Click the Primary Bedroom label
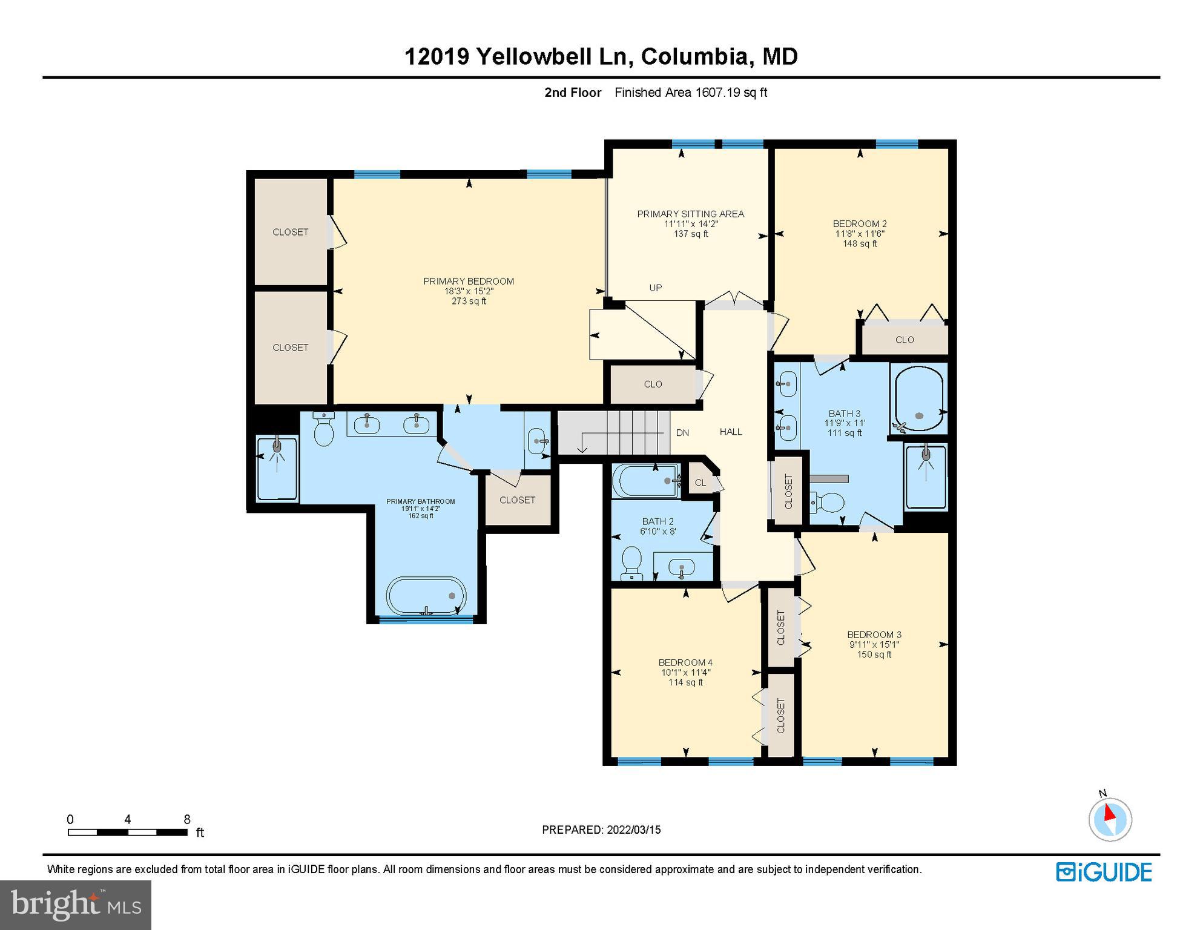[468, 281]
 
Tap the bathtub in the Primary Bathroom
[426, 596]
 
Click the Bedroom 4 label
[685, 662]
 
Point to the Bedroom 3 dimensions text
[874, 644]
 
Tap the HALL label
[731, 432]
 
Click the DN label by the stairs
[682, 432]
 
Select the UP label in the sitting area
[656, 288]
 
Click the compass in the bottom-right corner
[1110, 819]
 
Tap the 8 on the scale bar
[187, 819]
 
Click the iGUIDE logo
[1104, 872]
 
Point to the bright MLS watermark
[76, 905]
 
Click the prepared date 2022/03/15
[632, 829]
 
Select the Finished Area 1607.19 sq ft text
[691, 93]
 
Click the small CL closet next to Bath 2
[700, 483]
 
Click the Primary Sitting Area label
[690, 214]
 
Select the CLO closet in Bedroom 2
[905, 340]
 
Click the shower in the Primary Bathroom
[277, 469]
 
